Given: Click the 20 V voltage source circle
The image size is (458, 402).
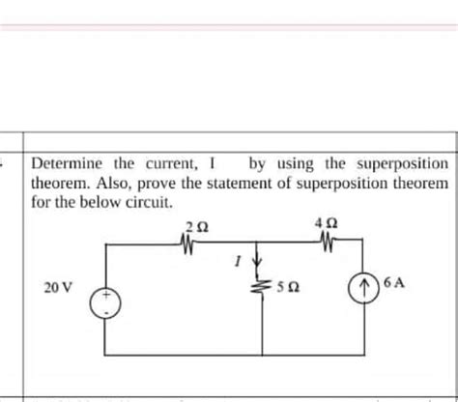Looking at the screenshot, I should [x=106, y=304].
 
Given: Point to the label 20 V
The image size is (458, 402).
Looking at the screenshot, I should [x=60, y=288].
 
